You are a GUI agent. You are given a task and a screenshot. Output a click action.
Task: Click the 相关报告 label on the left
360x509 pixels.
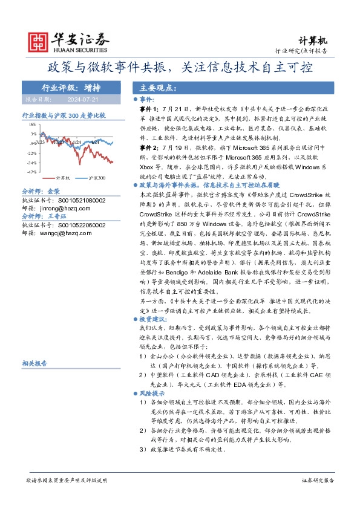pos(34,364)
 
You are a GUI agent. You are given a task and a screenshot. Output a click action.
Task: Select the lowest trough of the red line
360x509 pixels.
pos(111,162)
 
